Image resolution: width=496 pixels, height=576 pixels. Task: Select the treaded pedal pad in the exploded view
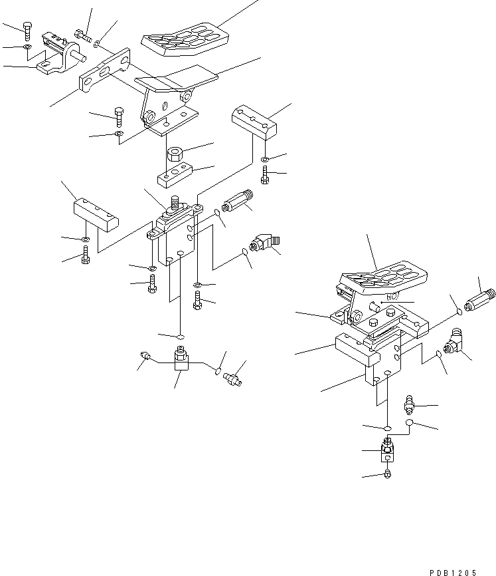coord(181,36)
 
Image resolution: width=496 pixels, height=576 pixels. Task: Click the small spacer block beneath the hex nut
coord(175,176)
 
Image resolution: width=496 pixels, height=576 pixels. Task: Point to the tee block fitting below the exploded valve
coord(180,359)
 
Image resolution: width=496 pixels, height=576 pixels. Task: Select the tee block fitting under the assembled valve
coord(388,452)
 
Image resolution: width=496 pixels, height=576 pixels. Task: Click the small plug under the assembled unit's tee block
coord(388,474)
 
